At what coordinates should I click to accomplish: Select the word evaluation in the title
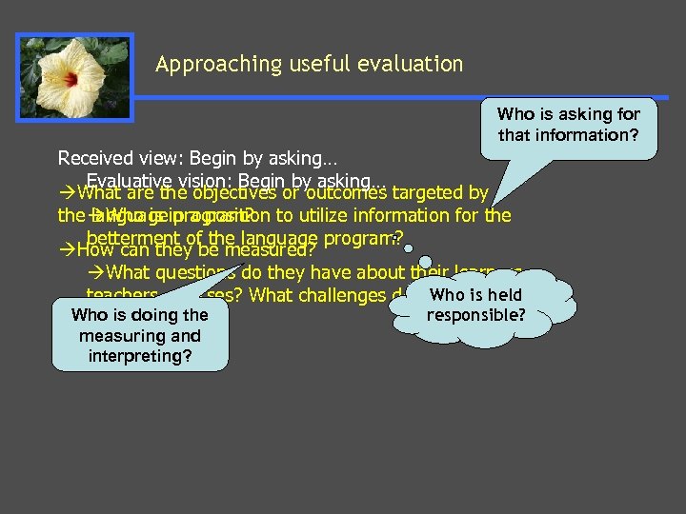point(412,65)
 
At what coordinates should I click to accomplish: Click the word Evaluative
point(127,181)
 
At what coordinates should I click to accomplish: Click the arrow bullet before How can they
point(66,251)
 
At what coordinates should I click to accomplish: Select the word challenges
point(341,295)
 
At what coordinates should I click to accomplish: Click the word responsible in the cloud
point(476,314)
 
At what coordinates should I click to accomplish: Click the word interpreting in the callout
point(140,356)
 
